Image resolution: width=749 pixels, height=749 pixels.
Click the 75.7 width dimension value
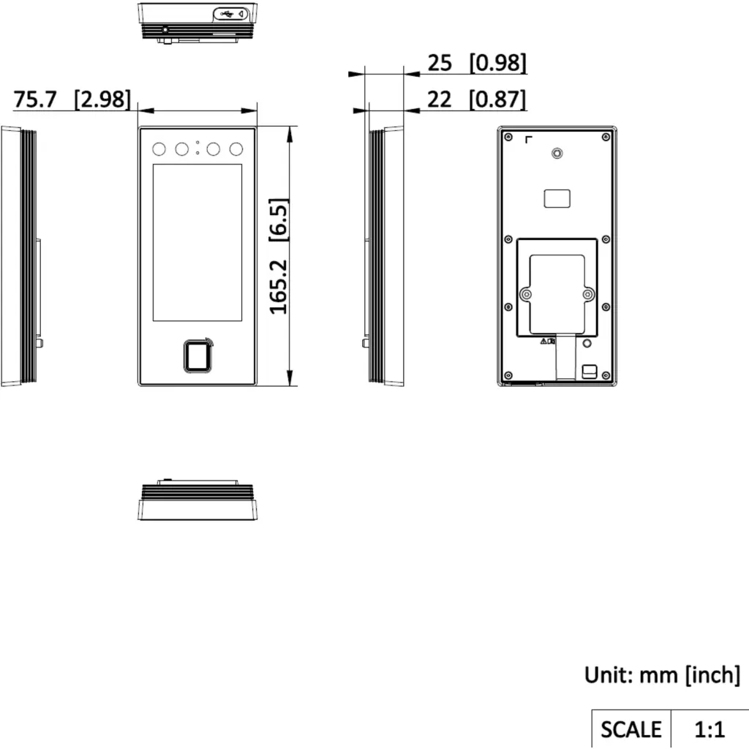coord(35,99)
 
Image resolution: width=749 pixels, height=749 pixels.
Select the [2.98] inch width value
coord(102,99)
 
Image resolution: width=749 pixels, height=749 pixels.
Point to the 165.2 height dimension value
coord(279,287)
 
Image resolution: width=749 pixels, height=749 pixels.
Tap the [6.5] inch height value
coord(279,219)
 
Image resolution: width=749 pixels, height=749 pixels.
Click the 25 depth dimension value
coord(439,63)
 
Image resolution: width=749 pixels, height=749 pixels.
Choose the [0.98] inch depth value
coord(498,63)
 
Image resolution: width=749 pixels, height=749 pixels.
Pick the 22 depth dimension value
coord(439,99)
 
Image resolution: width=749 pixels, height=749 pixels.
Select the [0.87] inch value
coord(497,99)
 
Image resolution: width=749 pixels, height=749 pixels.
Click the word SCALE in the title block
coord(631,729)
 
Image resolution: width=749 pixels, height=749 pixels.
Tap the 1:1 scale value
coord(710,729)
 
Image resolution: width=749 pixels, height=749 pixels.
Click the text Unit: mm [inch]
coord(662,675)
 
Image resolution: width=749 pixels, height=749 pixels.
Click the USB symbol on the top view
coord(227,15)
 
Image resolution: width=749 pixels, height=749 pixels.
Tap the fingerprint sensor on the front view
coord(197,356)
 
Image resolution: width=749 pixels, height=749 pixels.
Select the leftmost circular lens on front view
coord(159,149)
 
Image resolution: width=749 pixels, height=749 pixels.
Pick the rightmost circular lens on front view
coord(236,149)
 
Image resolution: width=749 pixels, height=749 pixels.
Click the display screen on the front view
coord(197,243)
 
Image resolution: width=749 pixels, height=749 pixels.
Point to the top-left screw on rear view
coord(508,137)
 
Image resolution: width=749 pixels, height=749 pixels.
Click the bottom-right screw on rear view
coord(606,375)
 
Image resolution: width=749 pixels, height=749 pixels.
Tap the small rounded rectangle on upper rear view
coord(557,199)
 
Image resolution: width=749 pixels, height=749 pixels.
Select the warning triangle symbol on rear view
coord(543,341)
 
